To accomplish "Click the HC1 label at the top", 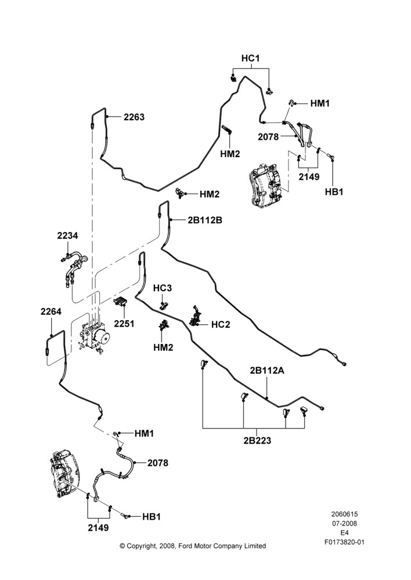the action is [250, 58].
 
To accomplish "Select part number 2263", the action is [134, 117].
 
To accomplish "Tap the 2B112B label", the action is [205, 220].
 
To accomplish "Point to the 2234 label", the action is [67, 235].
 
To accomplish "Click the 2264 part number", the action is [51, 311].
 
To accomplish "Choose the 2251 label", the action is [124, 324].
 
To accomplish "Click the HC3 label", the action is [163, 288].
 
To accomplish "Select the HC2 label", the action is [221, 324].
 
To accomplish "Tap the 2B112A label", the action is [267, 370].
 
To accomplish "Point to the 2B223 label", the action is [257, 441].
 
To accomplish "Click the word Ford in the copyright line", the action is [186, 546].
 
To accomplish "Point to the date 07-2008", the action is [344, 523].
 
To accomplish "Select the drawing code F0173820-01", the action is [344, 542].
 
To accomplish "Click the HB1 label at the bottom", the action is [152, 517].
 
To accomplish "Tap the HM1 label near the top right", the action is [320, 104].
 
